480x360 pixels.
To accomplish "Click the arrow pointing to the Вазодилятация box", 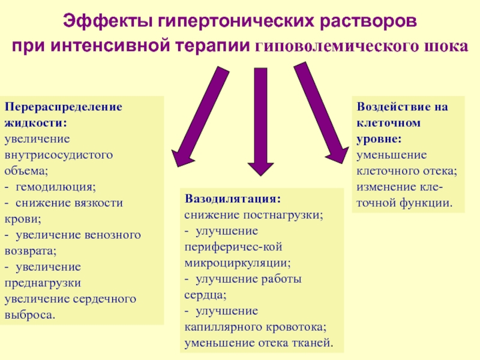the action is click(x=260, y=122).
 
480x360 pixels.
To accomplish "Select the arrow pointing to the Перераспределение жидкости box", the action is click(x=200, y=116).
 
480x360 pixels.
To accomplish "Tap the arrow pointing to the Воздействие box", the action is click(x=322, y=113).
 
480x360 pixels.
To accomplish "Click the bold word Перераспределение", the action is click(x=64, y=107).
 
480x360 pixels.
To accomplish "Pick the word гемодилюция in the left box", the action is click(x=55, y=187).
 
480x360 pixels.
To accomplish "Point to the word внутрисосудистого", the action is click(x=58, y=155).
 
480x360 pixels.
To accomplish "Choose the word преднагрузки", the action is click(x=43, y=283).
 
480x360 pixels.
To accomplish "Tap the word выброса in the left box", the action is click(x=29, y=315).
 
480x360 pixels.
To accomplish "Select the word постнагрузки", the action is click(x=283, y=215).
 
